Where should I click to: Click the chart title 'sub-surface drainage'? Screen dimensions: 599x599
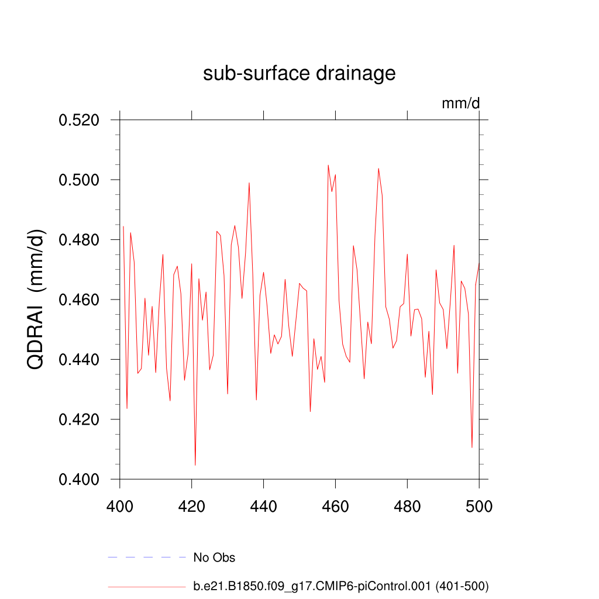(x=299, y=74)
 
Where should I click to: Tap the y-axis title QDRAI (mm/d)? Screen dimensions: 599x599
(x=37, y=299)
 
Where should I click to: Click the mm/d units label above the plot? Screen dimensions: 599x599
(x=460, y=104)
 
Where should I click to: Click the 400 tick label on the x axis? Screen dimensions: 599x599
(x=120, y=506)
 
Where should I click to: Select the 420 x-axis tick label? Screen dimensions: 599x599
(x=192, y=506)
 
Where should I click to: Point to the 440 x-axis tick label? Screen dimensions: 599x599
(x=264, y=506)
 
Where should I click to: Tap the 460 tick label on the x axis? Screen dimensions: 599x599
(x=335, y=506)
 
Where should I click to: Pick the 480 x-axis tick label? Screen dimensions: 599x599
(x=407, y=506)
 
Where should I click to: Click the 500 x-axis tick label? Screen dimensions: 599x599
(x=479, y=506)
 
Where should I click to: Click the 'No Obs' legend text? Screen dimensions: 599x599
(x=214, y=558)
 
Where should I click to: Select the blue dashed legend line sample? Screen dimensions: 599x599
(x=146, y=557)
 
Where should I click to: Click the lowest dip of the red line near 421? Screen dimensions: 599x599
(x=195, y=464)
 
